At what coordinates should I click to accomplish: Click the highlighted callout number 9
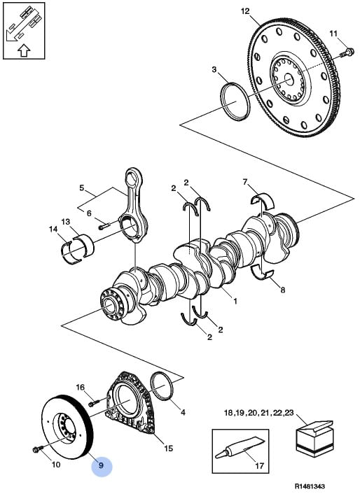coord(101,465)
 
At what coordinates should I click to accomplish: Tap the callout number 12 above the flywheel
coord(245,11)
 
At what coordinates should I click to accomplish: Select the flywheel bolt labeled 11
coord(347,52)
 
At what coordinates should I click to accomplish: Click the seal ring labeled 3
coord(235,101)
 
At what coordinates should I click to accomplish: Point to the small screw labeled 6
coord(104,226)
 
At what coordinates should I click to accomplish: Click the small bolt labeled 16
coord(95,402)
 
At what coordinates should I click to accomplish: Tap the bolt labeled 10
coord(38,449)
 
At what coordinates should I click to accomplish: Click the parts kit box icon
coord(314,438)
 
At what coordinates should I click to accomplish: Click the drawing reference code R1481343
coord(310,486)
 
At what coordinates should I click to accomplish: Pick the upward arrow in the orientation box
coord(24,50)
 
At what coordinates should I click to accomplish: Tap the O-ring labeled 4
coord(162,386)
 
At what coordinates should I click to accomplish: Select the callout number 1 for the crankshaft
coord(235,301)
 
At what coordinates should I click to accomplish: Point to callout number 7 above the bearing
coord(245,182)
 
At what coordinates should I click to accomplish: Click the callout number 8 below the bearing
coord(282,290)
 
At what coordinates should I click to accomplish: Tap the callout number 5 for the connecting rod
coord(82,188)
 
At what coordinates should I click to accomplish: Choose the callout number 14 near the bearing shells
coord(53,229)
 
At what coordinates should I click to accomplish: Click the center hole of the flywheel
coord(289,79)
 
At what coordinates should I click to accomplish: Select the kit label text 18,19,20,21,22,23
coord(258,412)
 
